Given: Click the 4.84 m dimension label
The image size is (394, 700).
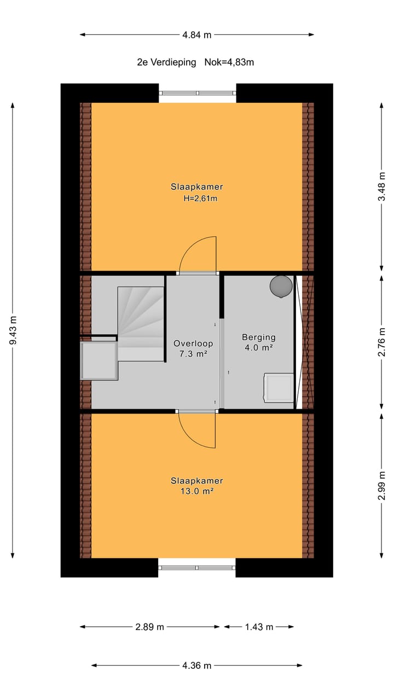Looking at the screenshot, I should (x=197, y=35).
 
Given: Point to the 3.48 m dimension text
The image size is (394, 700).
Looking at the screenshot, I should (x=382, y=187).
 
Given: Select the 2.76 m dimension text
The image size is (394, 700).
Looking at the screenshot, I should (x=382, y=341).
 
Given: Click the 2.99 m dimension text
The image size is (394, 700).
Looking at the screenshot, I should (x=382, y=486).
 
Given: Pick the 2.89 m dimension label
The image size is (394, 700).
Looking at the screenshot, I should (x=150, y=627).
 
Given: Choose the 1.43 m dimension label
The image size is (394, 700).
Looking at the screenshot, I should (x=258, y=627).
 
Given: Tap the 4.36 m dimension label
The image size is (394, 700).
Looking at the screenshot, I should (x=197, y=666).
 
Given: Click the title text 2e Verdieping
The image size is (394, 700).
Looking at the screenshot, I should (x=166, y=62).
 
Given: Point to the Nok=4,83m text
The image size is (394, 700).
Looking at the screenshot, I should (x=229, y=62).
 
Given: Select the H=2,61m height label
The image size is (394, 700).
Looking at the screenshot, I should (x=201, y=199).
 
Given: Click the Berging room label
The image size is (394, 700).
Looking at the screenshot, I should (x=259, y=337).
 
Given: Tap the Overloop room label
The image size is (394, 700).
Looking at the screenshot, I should (x=193, y=344).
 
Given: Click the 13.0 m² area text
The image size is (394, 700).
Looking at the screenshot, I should (x=197, y=492).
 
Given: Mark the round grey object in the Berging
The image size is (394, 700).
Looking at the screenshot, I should (x=281, y=286).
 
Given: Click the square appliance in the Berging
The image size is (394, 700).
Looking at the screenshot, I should (x=279, y=387).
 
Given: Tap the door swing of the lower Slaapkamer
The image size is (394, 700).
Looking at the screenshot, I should (x=197, y=430).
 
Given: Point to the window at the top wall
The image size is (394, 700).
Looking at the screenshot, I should (x=198, y=93).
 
